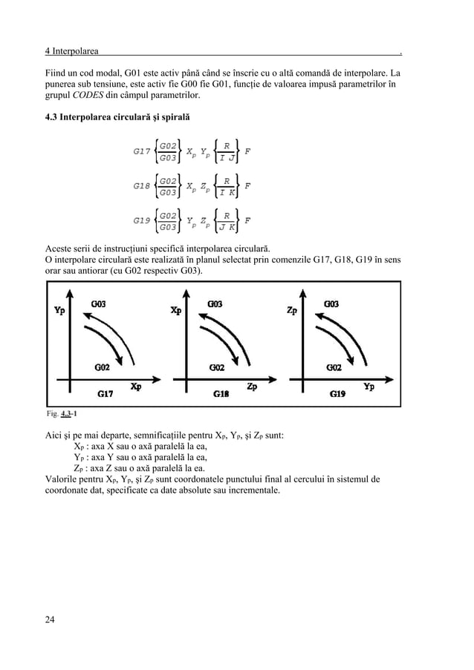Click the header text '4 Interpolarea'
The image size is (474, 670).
click(x=71, y=51)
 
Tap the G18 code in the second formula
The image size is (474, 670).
click(x=142, y=185)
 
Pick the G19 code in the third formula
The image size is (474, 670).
click(x=142, y=220)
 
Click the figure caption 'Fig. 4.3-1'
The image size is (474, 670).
click(x=64, y=413)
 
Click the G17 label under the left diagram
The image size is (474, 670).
click(x=105, y=394)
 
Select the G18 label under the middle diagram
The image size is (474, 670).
click(x=221, y=395)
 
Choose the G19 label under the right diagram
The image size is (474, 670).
click(x=337, y=395)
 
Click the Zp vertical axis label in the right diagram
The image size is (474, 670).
click(x=294, y=310)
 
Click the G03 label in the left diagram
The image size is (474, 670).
click(x=98, y=303)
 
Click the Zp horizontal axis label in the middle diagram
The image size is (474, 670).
click(x=253, y=386)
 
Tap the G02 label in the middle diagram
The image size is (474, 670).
click(x=217, y=367)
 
